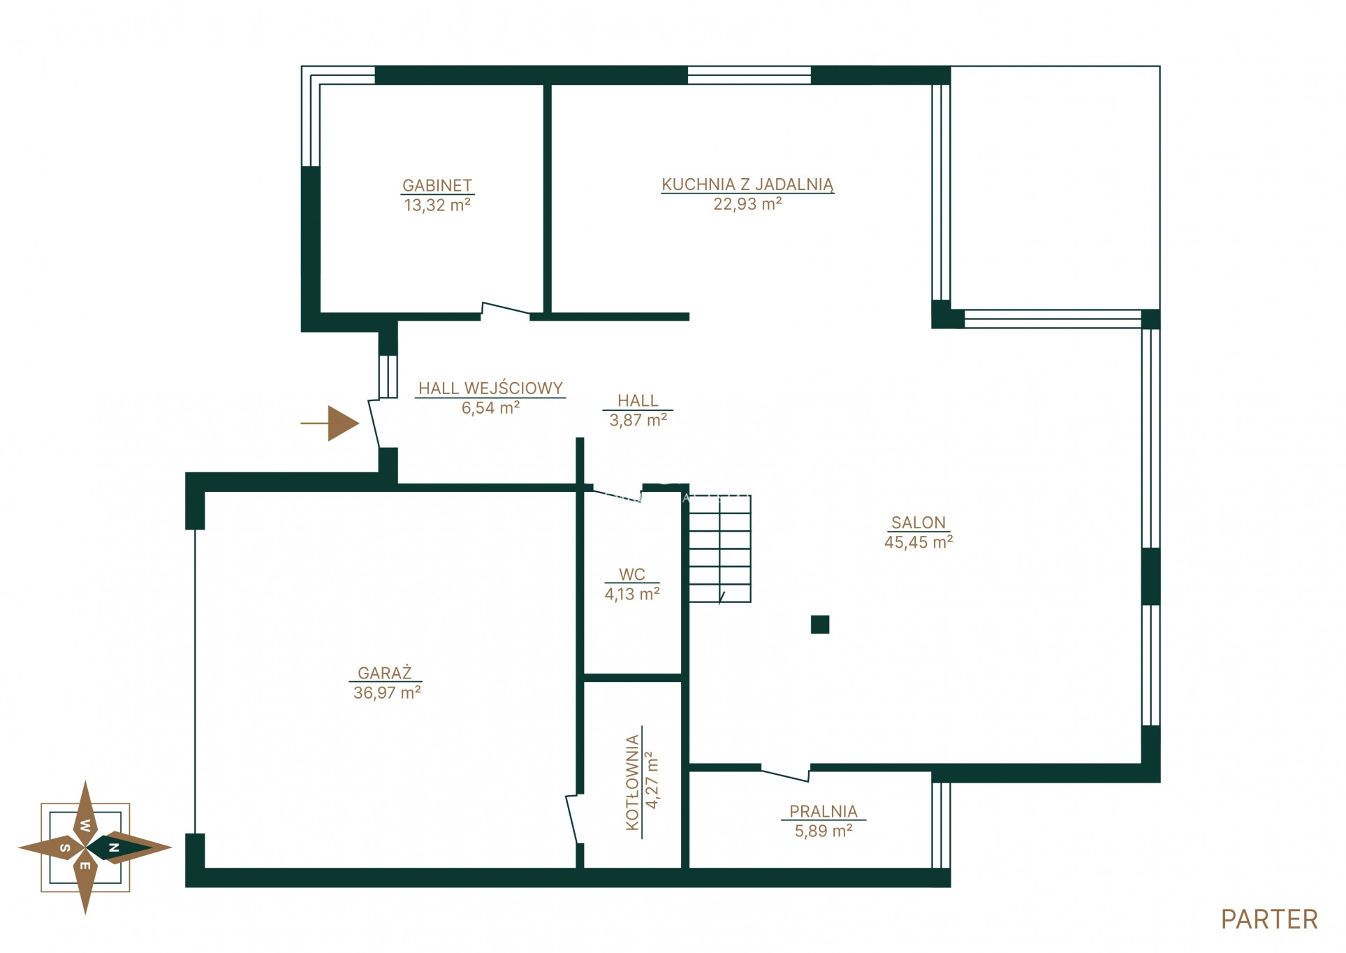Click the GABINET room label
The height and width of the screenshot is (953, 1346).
click(437, 185)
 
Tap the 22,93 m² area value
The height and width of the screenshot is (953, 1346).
click(747, 204)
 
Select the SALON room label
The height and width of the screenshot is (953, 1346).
click(918, 523)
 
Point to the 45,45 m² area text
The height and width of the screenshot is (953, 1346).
click(919, 542)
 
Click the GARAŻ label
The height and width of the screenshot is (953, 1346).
click(385, 673)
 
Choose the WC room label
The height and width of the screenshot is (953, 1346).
click(632, 574)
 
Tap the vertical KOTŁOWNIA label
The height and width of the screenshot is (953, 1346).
click(633, 783)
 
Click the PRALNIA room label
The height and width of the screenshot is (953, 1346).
click(824, 811)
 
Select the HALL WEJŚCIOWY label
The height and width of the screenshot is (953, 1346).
click(490, 388)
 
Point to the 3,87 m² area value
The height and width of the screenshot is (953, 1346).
click(638, 420)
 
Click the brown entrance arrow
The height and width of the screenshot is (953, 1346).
click(330, 423)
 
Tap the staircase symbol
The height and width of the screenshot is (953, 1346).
click(720, 548)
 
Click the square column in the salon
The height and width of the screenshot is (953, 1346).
click(820, 625)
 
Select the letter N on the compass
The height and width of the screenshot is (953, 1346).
click(114, 847)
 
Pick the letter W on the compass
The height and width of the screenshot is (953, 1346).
click(85, 825)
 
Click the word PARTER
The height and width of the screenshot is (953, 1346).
click(1269, 919)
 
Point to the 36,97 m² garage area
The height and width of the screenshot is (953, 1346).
click(387, 692)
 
